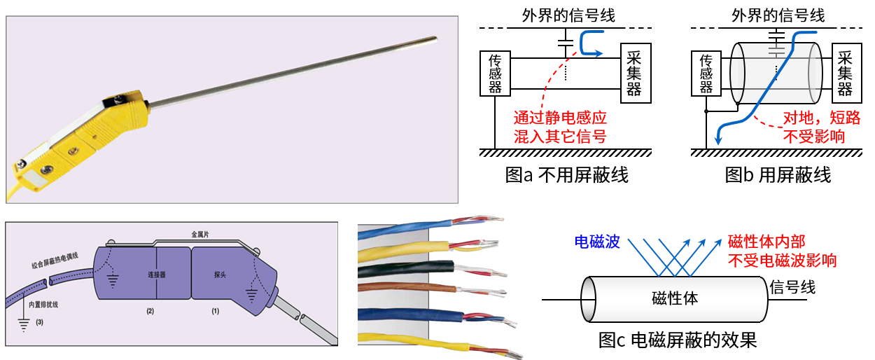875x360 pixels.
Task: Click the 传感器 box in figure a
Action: pos(496,74)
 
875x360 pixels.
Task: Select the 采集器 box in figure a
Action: pos(636,72)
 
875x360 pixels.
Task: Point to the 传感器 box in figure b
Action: pos(706,74)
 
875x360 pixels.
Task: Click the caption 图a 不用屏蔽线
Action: pos(566,174)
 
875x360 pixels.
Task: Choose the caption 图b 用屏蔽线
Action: pos(778,174)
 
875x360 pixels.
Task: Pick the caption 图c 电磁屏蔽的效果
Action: pos(678,341)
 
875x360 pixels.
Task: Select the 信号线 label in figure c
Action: pos(792,287)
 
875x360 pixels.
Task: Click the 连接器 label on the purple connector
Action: pos(156,275)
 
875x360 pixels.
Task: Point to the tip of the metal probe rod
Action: pos(435,39)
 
